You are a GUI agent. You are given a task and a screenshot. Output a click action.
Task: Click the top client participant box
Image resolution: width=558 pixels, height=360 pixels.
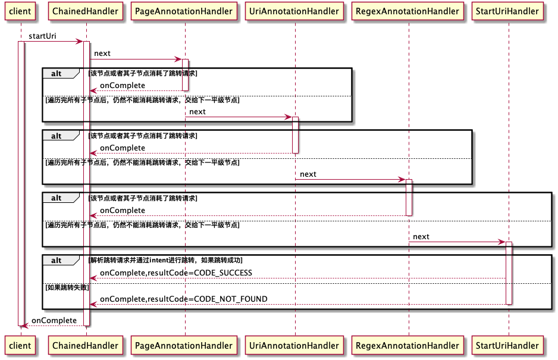(x=20, y=11)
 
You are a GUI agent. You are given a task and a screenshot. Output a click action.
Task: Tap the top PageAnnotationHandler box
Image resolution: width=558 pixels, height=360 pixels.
(x=184, y=11)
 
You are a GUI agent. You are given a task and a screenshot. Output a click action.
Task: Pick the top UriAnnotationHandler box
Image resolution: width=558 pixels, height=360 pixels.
(x=295, y=11)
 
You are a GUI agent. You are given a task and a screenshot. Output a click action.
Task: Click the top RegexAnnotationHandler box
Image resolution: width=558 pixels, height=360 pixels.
(x=409, y=11)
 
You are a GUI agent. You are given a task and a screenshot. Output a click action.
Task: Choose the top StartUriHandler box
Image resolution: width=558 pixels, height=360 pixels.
(x=509, y=11)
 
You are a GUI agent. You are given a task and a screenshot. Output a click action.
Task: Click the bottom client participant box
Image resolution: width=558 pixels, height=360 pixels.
(x=20, y=345)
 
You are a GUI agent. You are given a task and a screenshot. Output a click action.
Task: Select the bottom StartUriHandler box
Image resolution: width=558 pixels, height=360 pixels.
(x=509, y=345)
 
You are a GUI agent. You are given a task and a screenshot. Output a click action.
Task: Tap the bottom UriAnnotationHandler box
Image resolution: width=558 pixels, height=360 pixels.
(x=295, y=345)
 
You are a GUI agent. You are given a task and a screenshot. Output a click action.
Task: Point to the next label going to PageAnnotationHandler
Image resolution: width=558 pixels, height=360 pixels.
(x=102, y=54)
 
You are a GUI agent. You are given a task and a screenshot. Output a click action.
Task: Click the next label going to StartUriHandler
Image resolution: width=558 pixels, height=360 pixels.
(x=421, y=237)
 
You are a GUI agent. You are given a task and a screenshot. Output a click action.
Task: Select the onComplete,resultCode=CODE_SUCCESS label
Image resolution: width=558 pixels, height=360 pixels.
(x=176, y=273)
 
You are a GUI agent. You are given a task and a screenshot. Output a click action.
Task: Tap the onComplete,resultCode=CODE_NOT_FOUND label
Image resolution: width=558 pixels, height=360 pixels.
(x=183, y=299)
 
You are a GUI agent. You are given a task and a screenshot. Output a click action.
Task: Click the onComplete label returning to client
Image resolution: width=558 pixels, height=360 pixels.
(x=54, y=320)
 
